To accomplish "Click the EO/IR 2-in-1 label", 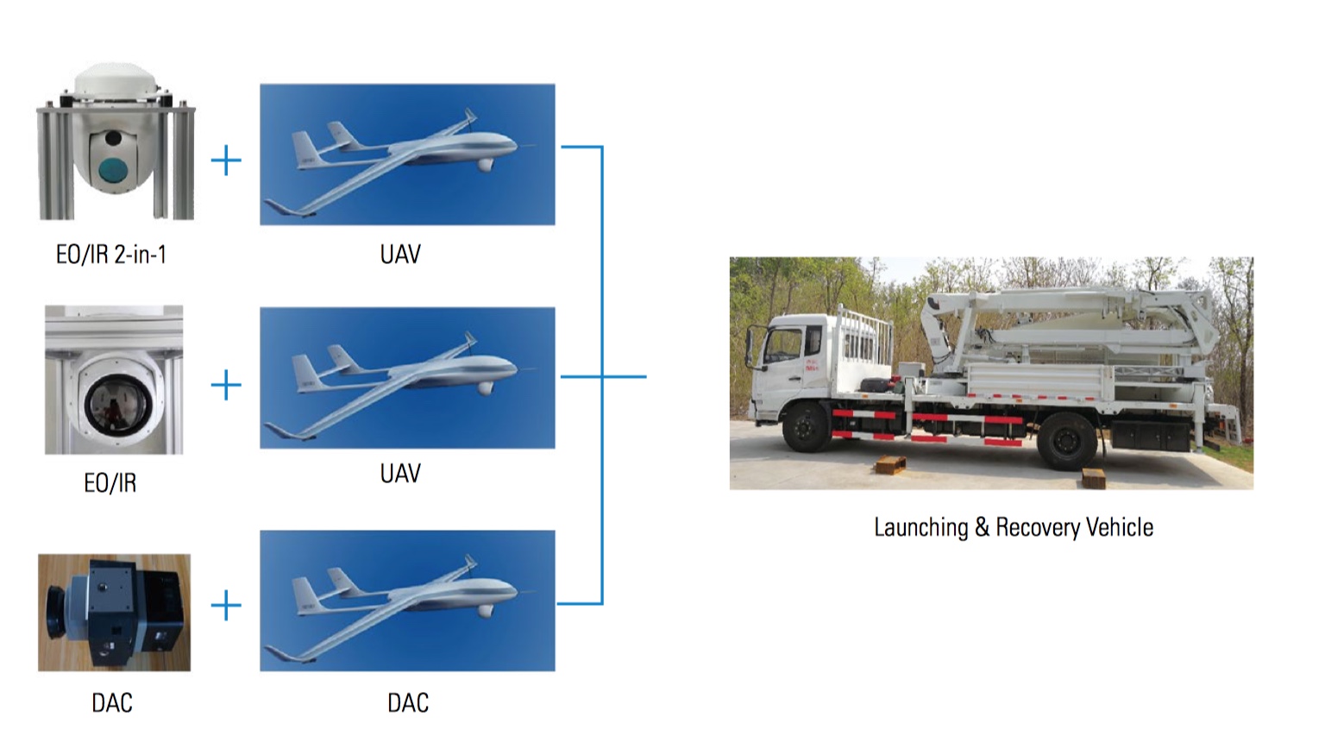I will click(x=110, y=255).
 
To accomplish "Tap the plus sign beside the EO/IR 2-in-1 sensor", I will click(x=226, y=160).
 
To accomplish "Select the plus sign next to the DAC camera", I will click(x=226, y=606).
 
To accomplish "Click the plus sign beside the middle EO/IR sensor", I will click(x=226, y=385).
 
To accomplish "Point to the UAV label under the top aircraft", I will click(x=400, y=255).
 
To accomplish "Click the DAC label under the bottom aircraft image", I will click(x=407, y=702).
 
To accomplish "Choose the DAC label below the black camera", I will click(x=112, y=702).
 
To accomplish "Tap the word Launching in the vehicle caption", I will click(x=920, y=527).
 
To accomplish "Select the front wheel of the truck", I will click(x=807, y=425).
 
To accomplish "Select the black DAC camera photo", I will click(x=114, y=613).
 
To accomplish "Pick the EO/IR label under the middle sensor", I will click(x=110, y=483).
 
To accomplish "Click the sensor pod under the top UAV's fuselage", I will click(x=486, y=164).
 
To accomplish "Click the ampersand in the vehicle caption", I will click(x=982, y=527).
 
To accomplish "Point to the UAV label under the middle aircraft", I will click(x=400, y=474).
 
